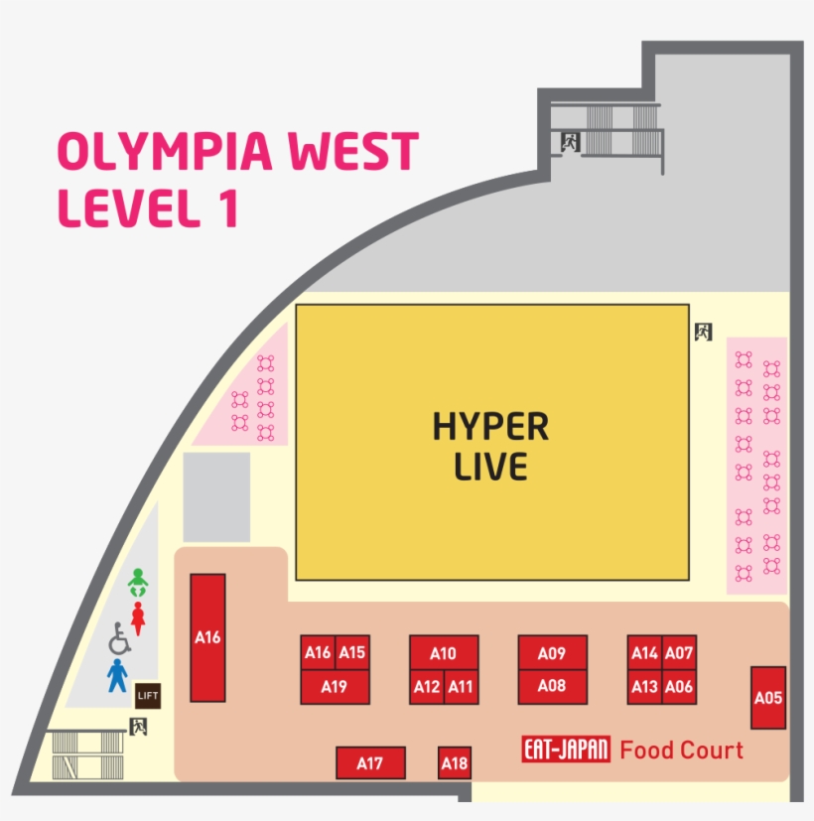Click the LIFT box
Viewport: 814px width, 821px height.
[x=147, y=696]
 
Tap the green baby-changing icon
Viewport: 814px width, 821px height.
[x=138, y=582]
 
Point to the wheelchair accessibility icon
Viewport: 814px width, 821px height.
[x=119, y=638]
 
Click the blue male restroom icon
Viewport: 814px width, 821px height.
[x=118, y=675]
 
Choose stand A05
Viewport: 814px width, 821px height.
[x=768, y=697]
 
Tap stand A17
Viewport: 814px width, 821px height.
[x=370, y=763]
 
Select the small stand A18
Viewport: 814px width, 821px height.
[x=455, y=763]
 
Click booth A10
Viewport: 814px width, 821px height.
[x=444, y=652]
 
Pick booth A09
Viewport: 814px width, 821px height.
[x=552, y=652]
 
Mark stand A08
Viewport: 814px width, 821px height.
[x=552, y=685]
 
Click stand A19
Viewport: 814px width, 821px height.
[x=335, y=686]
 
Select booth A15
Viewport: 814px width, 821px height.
[x=352, y=652]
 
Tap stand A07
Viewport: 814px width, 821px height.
[x=679, y=652]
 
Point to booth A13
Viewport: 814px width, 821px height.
[x=644, y=686]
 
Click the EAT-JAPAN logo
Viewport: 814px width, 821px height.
[x=565, y=750]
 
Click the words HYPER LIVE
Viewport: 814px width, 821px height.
[x=490, y=446]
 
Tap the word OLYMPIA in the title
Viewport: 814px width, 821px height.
[x=159, y=152]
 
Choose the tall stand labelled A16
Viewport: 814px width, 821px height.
[x=207, y=637]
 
